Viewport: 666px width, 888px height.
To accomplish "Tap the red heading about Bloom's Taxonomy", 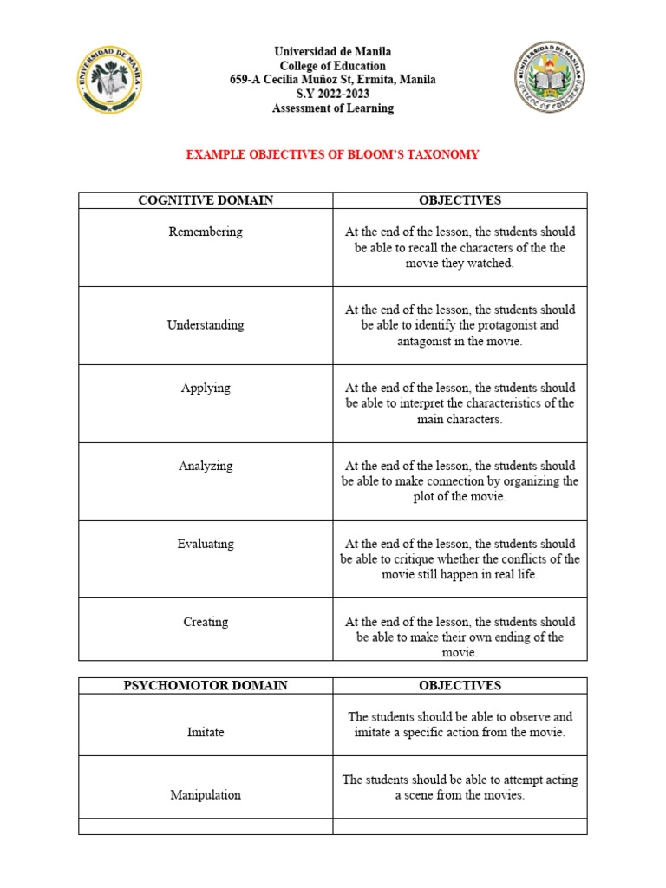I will click(x=333, y=155).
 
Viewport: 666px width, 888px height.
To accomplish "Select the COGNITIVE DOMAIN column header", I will click(x=206, y=200).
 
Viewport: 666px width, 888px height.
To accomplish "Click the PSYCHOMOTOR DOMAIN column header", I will click(x=206, y=685).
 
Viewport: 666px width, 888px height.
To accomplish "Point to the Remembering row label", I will click(x=206, y=232).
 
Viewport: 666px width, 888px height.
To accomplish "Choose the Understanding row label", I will click(x=206, y=325).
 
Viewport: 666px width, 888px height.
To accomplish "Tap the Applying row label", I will click(x=206, y=388).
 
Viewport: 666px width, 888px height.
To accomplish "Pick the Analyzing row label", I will click(x=206, y=466).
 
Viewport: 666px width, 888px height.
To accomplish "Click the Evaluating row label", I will click(x=206, y=544).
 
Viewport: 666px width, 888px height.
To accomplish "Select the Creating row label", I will click(x=206, y=622).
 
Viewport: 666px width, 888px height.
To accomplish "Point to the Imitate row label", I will click(x=206, y=732).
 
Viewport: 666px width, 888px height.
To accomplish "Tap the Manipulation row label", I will click(x=206, y=794).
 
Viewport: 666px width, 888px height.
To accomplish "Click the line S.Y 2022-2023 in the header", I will click(x=333, y=95).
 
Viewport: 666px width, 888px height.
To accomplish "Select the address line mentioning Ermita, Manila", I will click(x=333, y=80).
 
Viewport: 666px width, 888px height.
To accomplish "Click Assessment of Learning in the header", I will click(x=333, y=108).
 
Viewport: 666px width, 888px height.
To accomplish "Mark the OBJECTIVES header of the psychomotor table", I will click(x=460, y=685).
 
